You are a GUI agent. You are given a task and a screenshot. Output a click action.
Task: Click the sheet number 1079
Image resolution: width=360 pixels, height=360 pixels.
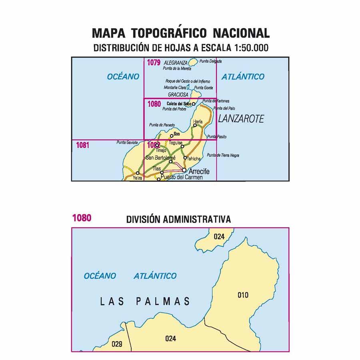click(x=154, y=62)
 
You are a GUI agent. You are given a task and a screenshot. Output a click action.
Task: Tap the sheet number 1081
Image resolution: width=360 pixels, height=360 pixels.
click(x=82, y=145)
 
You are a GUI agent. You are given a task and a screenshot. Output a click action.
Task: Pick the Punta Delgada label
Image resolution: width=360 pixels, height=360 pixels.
click(x=210, y=62)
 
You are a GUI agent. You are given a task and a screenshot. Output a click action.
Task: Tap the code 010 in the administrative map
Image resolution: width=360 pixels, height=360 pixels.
click(x=243, y=295)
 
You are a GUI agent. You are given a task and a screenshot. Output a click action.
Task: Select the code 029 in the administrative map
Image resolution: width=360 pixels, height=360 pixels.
click(x=117, y=344)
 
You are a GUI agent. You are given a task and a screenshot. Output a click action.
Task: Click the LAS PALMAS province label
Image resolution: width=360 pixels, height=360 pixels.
click(x=145, y=301)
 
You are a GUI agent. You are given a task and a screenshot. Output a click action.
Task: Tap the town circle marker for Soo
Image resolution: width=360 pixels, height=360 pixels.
click(x=171, y=136)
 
